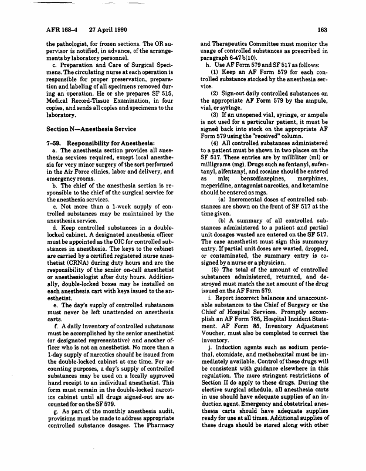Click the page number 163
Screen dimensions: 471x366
321,29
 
